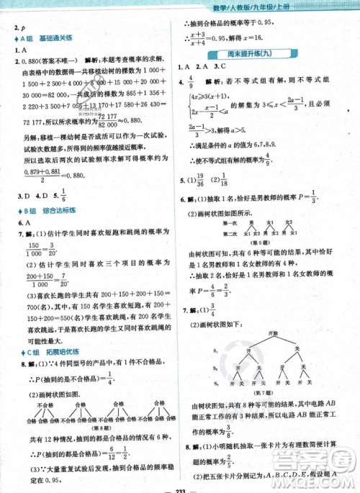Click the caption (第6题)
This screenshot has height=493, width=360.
[270, 243]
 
